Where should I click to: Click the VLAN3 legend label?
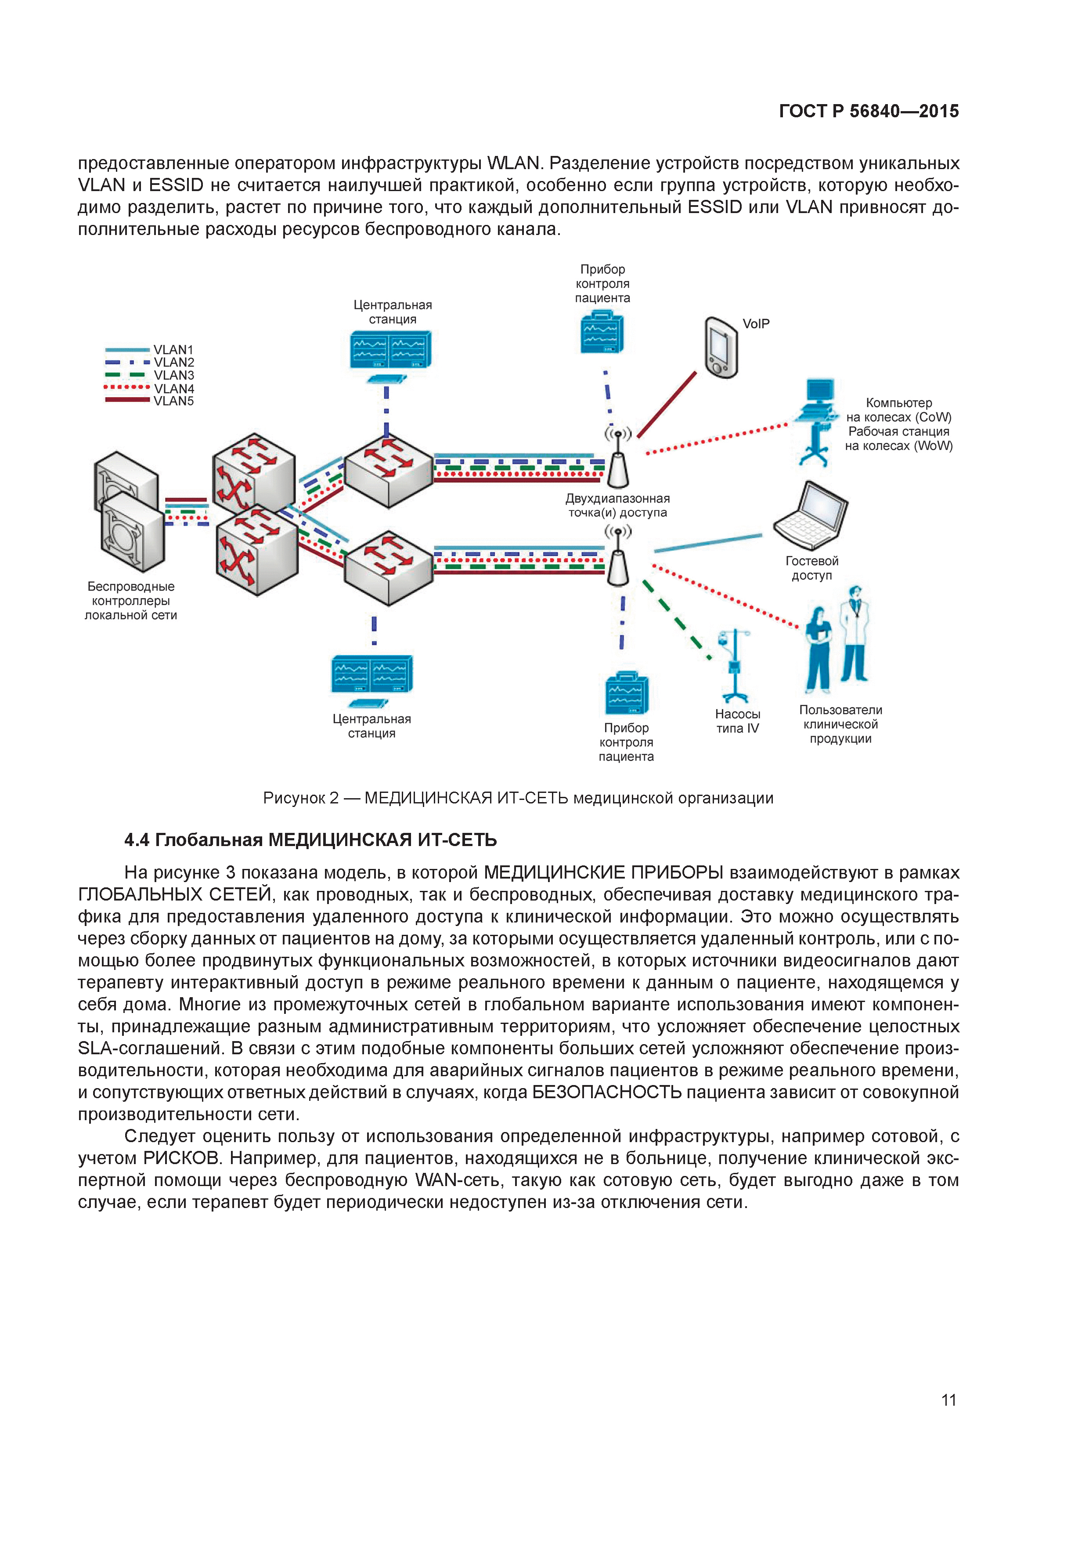[x=174, y=375]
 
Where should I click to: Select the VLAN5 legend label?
[x=174, y=402]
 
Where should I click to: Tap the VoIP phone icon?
[x=721, y=347]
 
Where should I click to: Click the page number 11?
[x=948, y=1400]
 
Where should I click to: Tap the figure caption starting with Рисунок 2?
[x=518, y=798]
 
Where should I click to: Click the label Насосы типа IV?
[x=737, y=721]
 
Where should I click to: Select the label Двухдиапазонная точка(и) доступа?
[x=617, y=505]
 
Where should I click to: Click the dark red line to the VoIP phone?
[x=667, y=405]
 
